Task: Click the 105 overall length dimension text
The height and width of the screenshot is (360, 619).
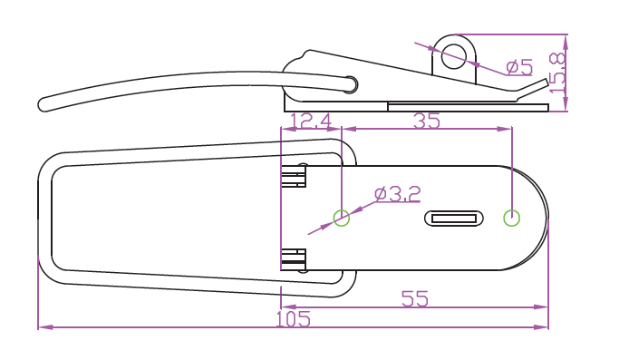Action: tap(293, 319)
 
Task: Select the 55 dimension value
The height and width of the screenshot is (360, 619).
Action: tap(415, 298)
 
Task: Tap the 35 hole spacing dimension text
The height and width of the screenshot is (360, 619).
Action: tap(426, 121)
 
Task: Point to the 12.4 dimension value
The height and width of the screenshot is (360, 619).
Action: tap(311, 122)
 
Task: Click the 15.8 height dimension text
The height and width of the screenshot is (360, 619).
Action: tap(557, 73)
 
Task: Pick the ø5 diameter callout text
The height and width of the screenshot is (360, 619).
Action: tap(519, 67)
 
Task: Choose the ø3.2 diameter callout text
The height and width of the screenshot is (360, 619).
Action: tap(398, 194)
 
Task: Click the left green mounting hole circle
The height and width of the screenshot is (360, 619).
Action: tap(342, 219)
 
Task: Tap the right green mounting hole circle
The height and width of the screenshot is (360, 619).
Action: tap(512, 219)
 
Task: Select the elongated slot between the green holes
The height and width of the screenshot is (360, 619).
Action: tap(453, 219)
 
